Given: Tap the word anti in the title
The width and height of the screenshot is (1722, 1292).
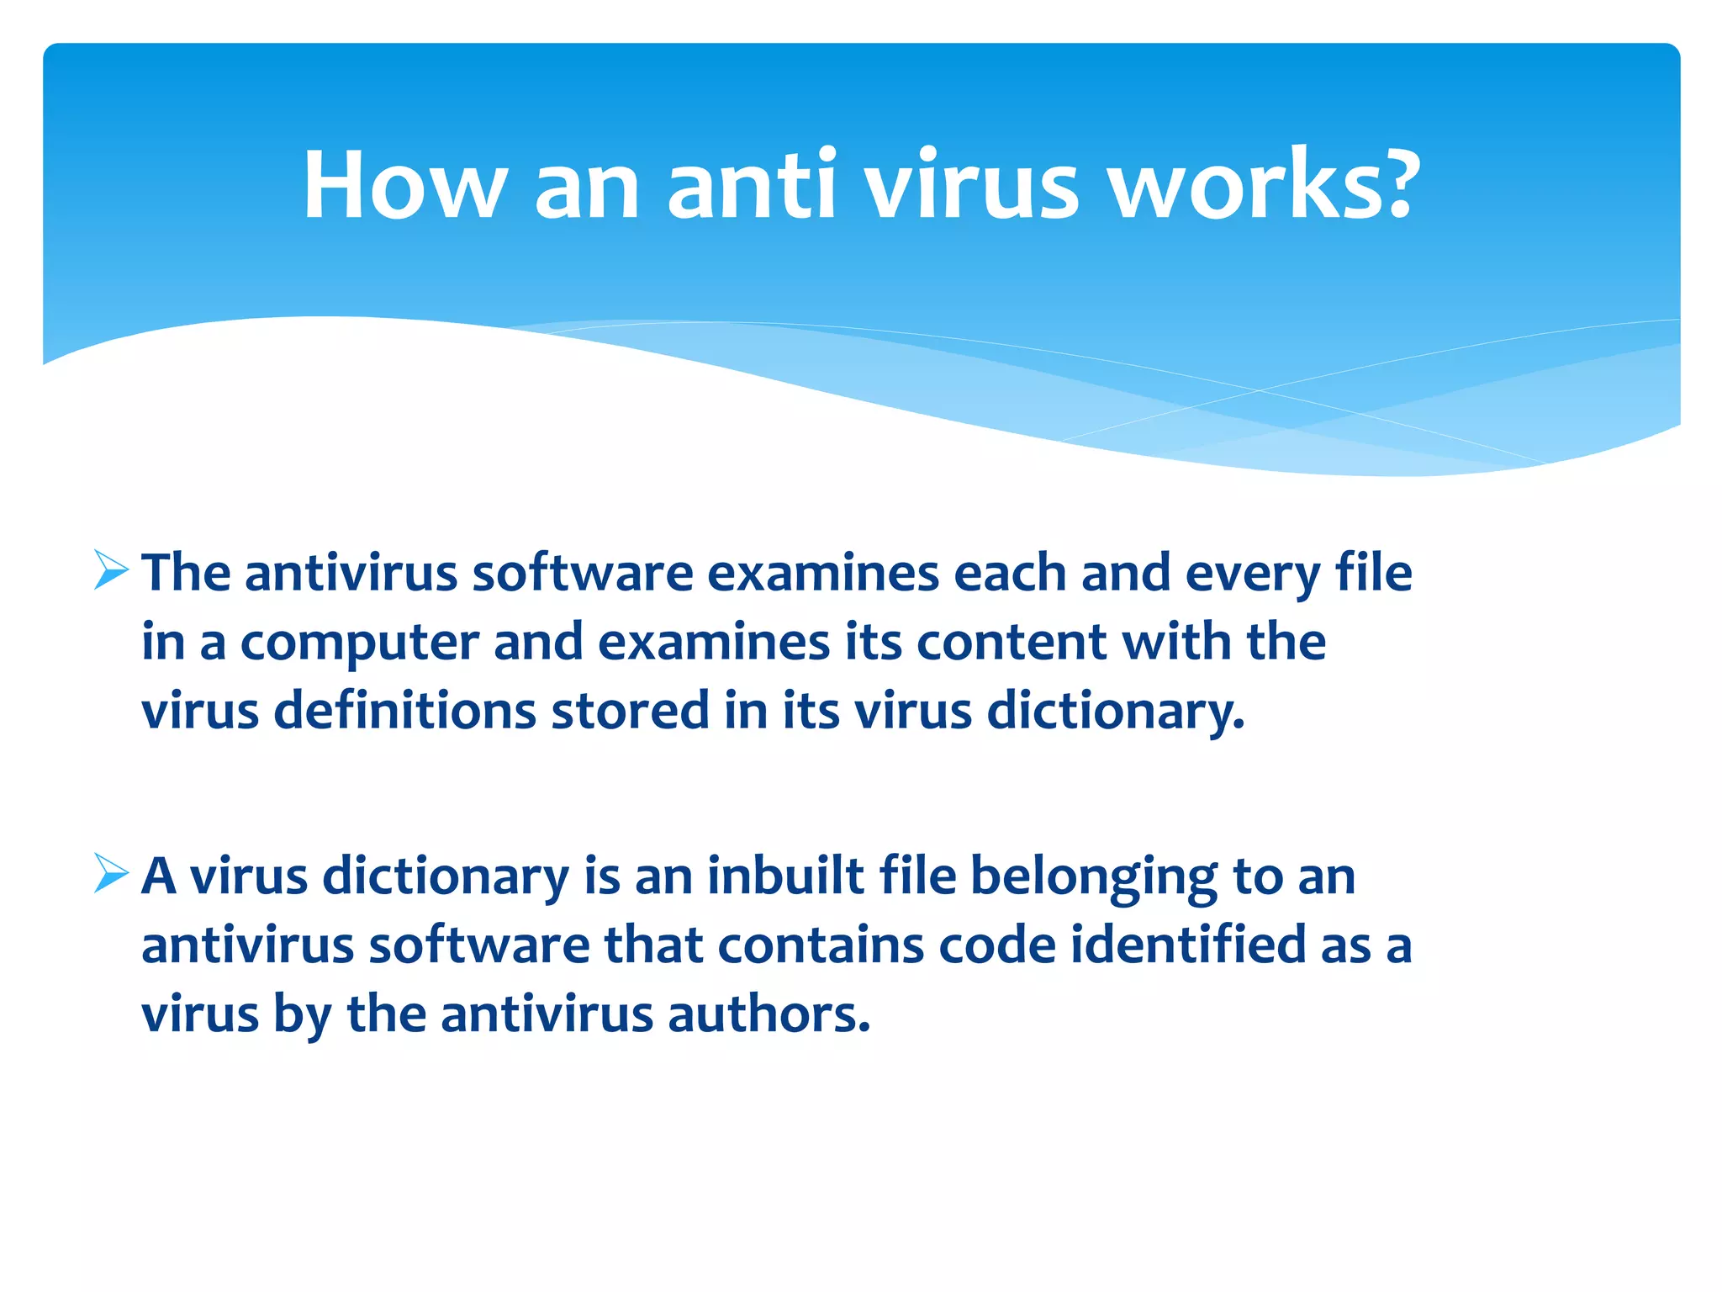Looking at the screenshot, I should click(752, 185).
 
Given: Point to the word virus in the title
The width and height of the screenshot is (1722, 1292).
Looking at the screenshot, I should click(972, 185).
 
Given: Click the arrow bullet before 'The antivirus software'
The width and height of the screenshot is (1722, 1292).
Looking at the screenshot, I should click(111, 570).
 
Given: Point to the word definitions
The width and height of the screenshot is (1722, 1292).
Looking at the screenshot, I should click(404, 710).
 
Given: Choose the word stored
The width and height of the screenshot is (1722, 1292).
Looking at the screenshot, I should click(630, 710).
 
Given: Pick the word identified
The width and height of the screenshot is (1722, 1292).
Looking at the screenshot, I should click(1188, 945).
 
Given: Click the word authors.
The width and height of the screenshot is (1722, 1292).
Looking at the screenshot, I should click(769, 1014).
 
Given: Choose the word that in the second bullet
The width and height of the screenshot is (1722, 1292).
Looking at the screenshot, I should click(653, 945).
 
